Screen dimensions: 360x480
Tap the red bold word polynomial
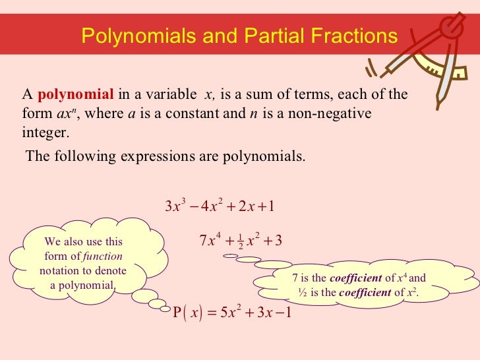point(76,95)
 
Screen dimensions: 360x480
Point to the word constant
point(197,113)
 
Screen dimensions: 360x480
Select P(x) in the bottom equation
point(189,311)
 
